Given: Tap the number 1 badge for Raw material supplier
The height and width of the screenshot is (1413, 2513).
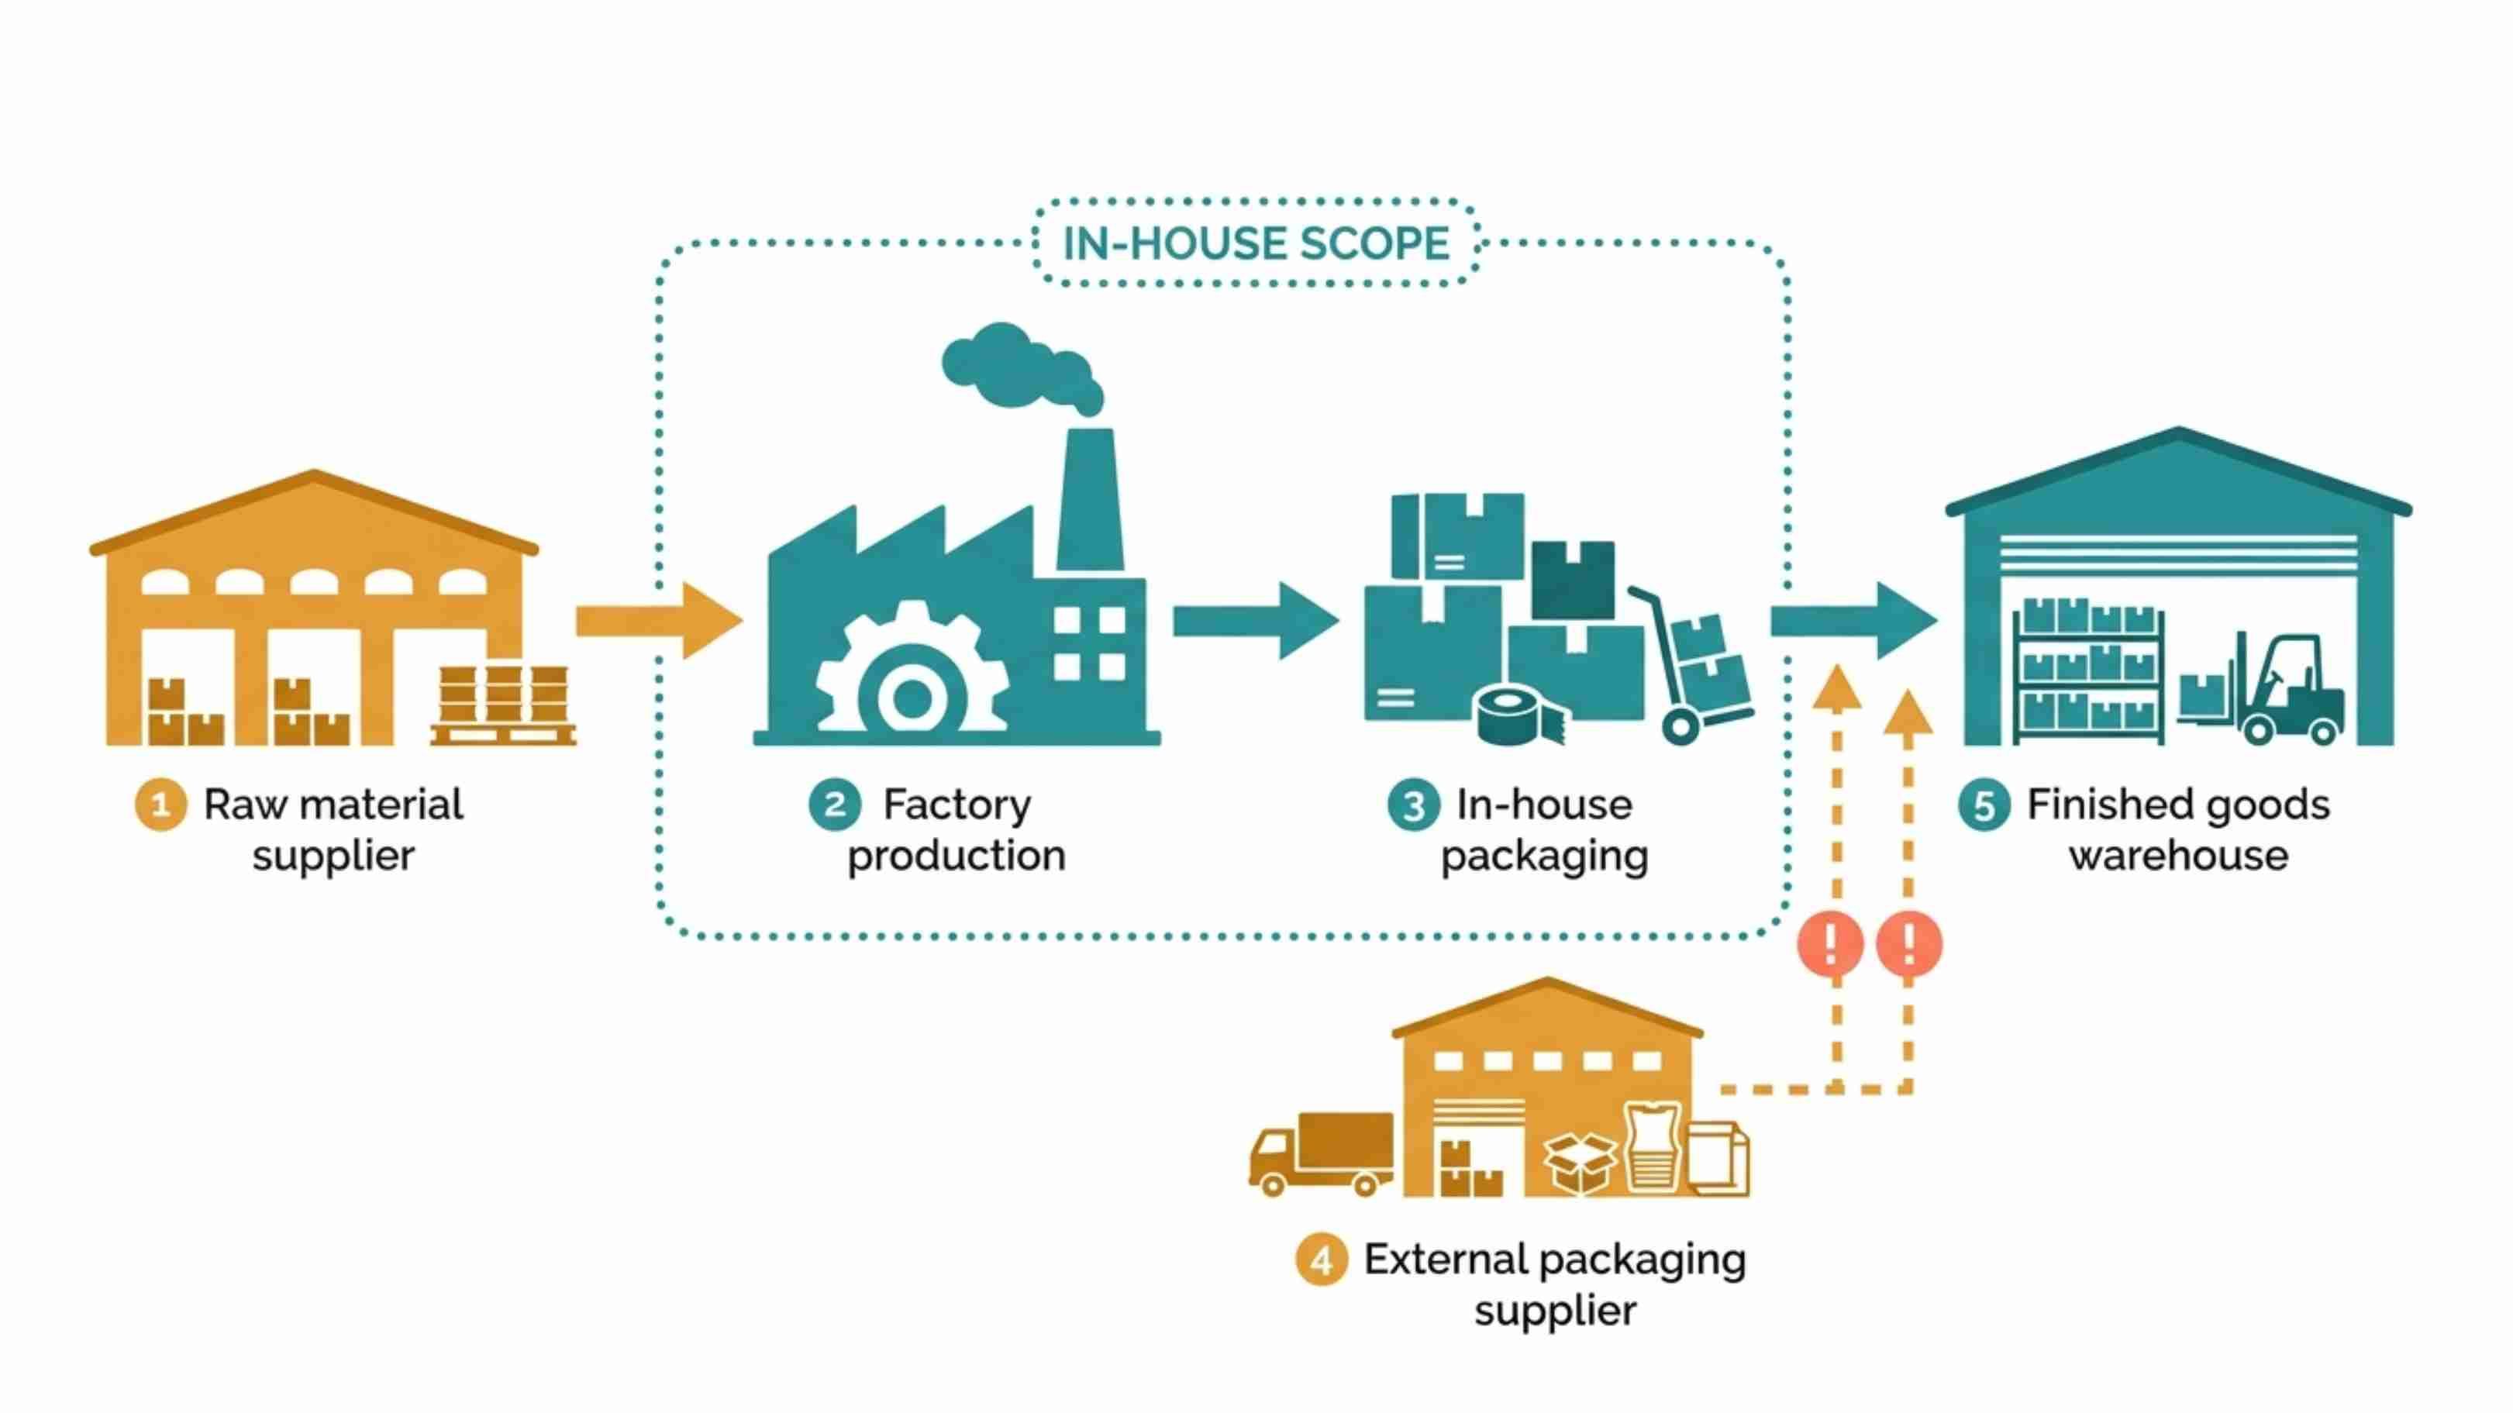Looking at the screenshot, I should click(x=161, y=805).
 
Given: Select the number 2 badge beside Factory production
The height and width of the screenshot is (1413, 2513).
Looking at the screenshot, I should click(x=835, y=805).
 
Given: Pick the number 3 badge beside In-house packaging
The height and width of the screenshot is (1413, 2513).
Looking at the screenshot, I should click(x=1412, y=805).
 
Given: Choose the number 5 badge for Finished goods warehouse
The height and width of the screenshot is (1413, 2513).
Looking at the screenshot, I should click(x=1984, y=805).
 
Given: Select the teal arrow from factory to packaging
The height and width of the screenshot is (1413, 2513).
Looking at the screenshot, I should click(x=1254, y=620).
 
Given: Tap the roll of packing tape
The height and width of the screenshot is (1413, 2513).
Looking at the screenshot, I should click(x=1517, y=715).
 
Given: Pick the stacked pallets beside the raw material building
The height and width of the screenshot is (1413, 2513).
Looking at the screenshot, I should click(x=503, y=704).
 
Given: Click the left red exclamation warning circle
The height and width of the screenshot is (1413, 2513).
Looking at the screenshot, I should click(x=1830, y=943).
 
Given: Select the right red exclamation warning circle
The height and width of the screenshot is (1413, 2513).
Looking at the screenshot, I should click(x=1909, y=943).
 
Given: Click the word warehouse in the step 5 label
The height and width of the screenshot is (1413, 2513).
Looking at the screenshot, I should click(x=2178, y=856).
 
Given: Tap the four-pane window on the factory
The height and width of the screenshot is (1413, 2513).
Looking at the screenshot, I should click(x=1091, y=643).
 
